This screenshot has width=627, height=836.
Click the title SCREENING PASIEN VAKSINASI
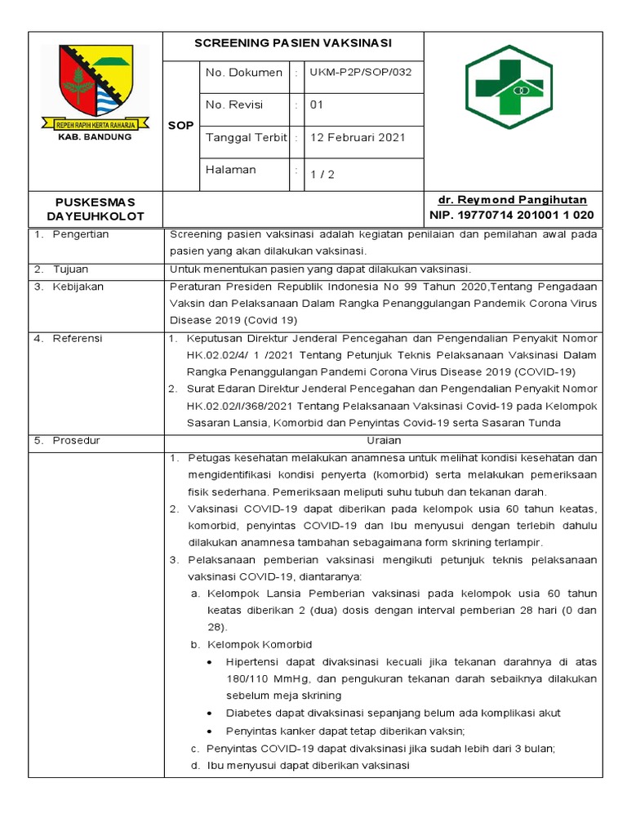pyautogui.click(x=293, y=42)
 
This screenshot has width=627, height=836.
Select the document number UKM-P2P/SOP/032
pyautogui.click(x=360, y=73)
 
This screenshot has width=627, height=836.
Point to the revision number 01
pyautogui.click(x=317, y=105)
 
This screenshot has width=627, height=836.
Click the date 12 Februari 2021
pyautogui.click(x=358, y=137)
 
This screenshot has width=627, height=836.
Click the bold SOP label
pyautogui.click(x=180, y=126)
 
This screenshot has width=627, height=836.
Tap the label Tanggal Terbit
pyautogui.click(x=246, y=137)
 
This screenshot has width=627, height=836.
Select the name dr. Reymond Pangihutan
pyautogui.click(x=512, y=200)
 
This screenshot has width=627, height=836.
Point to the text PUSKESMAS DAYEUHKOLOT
pyautogui.click(x=96, y=208)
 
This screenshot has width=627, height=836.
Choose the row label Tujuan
pyautogui.click(x=71, y=269)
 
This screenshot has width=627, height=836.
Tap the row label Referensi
pyautogui.click(x=78, y=338)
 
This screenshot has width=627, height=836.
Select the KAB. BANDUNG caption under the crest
pyautogui.click(x=96, y=137)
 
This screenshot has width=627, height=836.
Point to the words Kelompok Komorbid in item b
pyautogui.click(x=260, y=645)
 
